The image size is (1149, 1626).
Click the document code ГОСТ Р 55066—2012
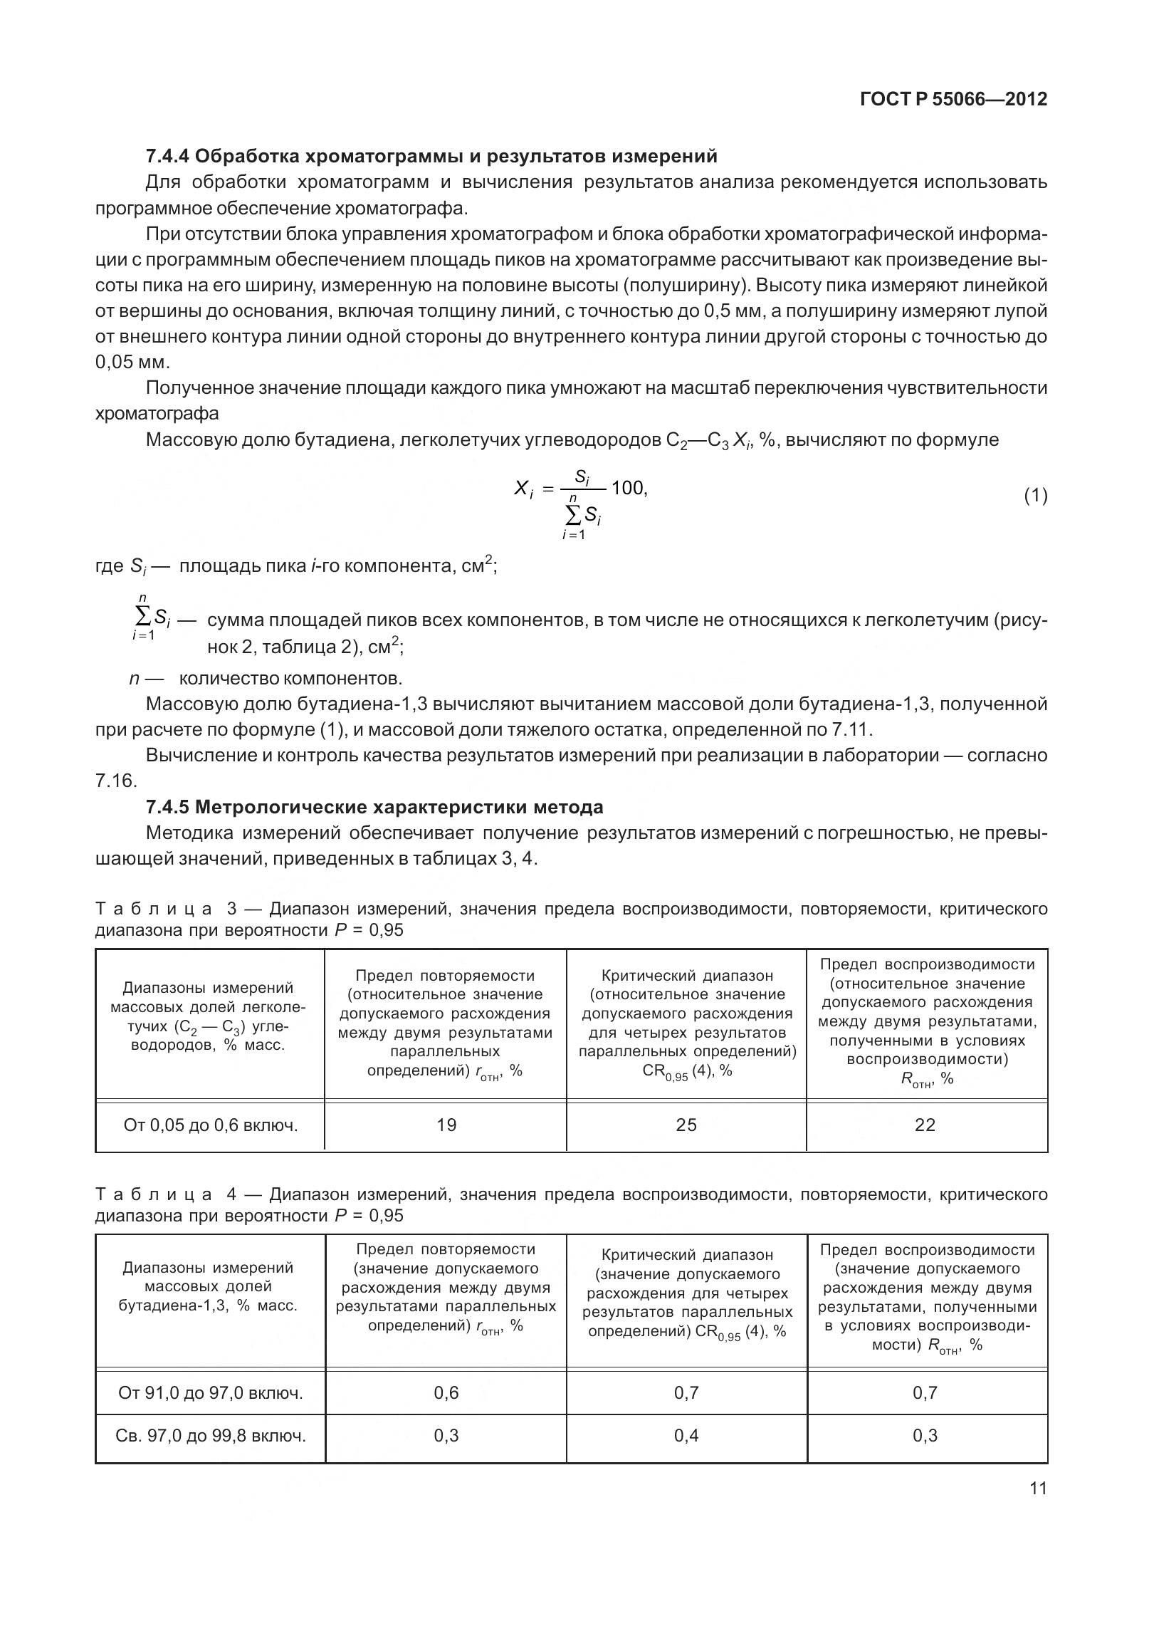coord(953,100)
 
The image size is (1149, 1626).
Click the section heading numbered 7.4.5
coord(374,807)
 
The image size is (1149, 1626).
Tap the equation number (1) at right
coord(1035,495)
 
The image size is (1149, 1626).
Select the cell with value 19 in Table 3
coord(446,1125)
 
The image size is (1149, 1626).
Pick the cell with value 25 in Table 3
coord(686,1125)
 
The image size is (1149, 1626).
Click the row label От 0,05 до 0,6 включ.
coord(211,1125)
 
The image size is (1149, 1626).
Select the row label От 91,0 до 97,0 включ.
coord(211,1392)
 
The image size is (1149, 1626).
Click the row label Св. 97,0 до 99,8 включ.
coord(211,1435)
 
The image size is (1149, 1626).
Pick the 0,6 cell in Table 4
coord(446,1392)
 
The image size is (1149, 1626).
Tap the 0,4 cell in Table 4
coord(686,1435)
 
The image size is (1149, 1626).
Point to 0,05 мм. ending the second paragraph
coord(132,362)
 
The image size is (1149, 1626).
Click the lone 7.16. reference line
coord(115,781)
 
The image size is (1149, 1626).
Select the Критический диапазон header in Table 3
coord(686,976)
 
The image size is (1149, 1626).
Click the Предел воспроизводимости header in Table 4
coord(927,1249)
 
